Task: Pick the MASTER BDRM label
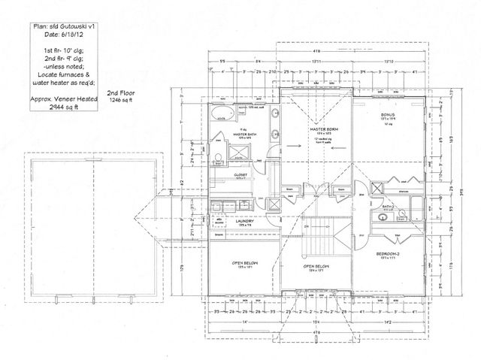322,129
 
